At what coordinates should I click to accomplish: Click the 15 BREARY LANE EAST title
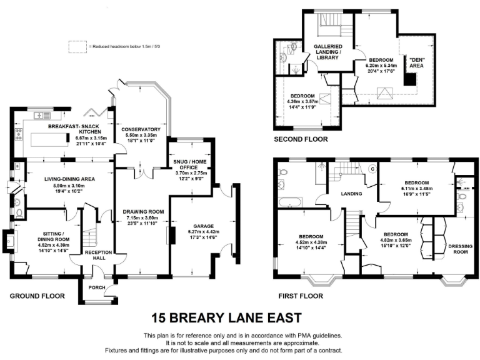click(x=240, y=317)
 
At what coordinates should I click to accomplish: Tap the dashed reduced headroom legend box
click(x=77, y=46)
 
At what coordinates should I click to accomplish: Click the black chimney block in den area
click(x=409, y=79)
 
